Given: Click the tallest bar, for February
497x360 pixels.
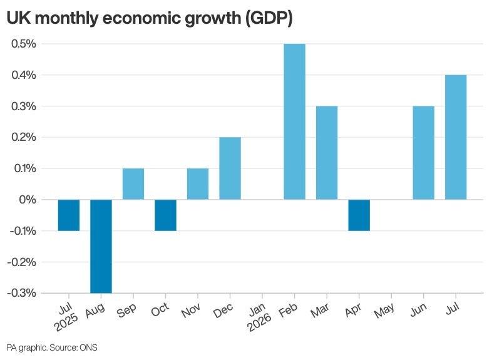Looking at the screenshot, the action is point(294,121).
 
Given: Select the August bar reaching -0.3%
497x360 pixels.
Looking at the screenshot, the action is point(101,246).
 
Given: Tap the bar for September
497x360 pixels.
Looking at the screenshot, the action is point(133,184).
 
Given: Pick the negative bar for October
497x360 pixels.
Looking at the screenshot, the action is point(165,215).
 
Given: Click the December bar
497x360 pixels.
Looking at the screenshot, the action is point(230,168).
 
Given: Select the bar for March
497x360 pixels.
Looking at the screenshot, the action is point(327,153).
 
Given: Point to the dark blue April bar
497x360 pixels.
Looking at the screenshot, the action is point(359,215).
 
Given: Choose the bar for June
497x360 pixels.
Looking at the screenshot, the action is point(424,153).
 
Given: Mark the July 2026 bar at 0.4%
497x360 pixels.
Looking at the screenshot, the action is point(456,137).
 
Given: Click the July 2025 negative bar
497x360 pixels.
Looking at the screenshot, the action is point(69,215).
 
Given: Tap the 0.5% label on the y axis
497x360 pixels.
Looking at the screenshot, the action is point(23,44).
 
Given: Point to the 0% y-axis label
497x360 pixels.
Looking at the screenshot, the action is point(28,200).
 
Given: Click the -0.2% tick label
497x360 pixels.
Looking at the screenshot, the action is point(21,262).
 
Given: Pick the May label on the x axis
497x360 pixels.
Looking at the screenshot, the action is point(384,311).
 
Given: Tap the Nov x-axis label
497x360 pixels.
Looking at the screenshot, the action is point(190,310).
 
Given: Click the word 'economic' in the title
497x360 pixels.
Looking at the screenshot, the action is point(141,18).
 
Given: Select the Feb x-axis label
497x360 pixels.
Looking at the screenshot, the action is point(288,310).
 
